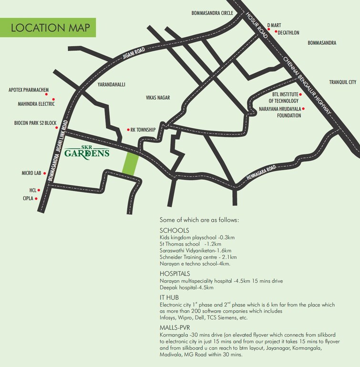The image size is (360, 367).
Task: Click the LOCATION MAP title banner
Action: [x=48, y=27]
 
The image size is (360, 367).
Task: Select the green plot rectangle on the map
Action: [x=131, y=163]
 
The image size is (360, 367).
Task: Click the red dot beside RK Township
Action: [x=128, y=130]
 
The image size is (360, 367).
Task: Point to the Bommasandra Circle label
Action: [x=212, y=13]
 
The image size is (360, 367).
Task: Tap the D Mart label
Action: [x=275, y=24]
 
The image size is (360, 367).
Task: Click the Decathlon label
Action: [x=291, y=33]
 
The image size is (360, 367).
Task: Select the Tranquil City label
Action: [x=342, y=82]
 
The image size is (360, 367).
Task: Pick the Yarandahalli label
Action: [x=111, y=84]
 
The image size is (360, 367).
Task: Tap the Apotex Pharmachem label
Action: [x=29, y=89]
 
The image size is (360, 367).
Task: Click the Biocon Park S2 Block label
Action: [x=35, y=123]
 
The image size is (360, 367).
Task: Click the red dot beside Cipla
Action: [x=37, y=198]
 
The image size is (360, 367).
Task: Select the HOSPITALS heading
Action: [x=175, y=274]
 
